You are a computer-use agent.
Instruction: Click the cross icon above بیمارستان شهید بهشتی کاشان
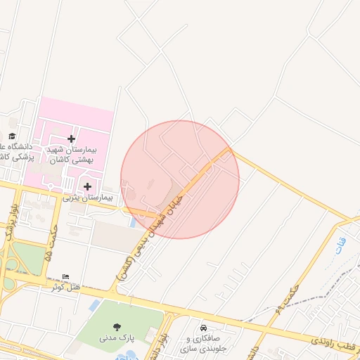coord(71,139)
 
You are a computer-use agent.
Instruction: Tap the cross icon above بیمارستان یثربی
coord(87,186)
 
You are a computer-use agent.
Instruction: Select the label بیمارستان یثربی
coord(87,198)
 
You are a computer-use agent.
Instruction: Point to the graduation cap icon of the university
coord(12,136)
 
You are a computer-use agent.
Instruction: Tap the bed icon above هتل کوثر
coord(66,276)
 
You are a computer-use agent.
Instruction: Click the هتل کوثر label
coord(67,287)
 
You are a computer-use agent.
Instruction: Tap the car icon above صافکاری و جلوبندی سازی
coord(203,328)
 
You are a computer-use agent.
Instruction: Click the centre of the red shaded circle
coord(180,179)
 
